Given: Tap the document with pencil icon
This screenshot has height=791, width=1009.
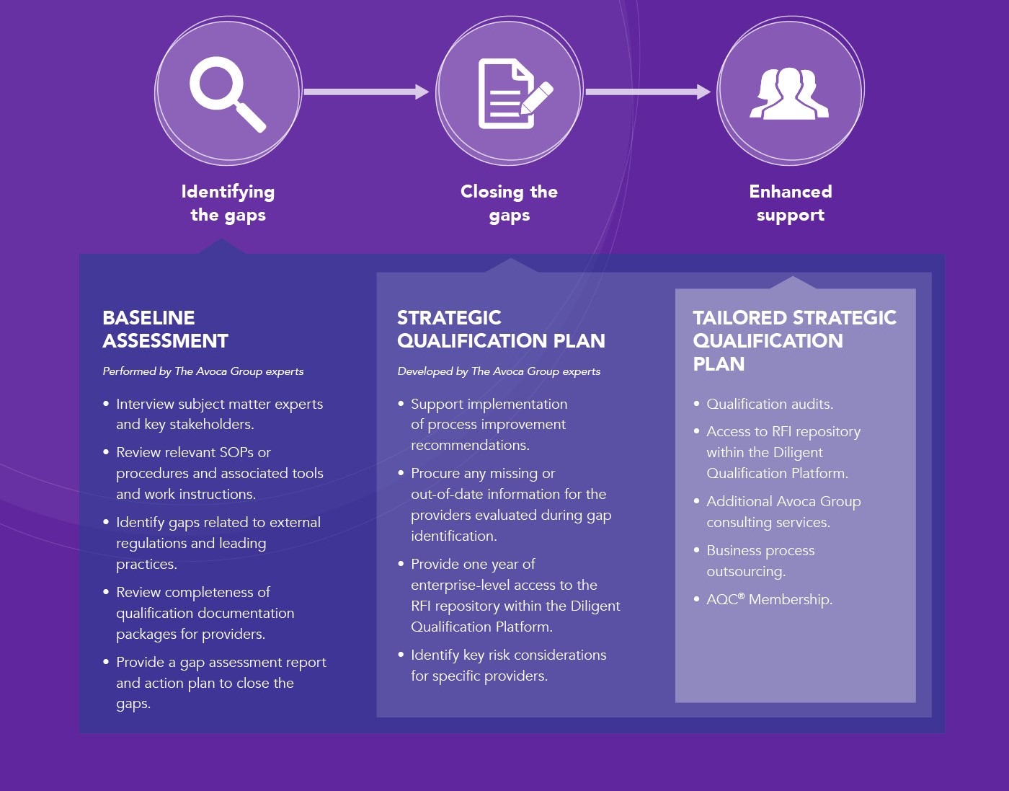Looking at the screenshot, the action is coord(515,93).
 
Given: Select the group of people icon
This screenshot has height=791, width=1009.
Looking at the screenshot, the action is coord(789,94).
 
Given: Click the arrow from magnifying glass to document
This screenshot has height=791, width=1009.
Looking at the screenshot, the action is coord(366,92).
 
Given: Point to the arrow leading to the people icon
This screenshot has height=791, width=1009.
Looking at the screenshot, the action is coord(648,92).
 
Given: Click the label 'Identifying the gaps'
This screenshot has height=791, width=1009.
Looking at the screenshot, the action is coord(228,203).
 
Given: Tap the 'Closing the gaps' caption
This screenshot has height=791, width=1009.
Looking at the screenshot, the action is coord(509,203).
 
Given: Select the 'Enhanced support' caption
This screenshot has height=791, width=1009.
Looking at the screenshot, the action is coord(791,203).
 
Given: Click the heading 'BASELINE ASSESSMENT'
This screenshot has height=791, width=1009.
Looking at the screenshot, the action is coord(165,330).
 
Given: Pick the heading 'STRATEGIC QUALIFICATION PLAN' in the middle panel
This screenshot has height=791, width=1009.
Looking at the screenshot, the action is coord(501,330).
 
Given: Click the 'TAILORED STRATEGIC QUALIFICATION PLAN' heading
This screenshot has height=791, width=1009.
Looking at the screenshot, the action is coord(794,340).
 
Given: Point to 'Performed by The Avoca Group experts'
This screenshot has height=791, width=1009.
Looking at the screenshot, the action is coord(203,371).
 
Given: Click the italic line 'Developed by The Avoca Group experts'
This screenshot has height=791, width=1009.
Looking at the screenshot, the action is coord(499,371).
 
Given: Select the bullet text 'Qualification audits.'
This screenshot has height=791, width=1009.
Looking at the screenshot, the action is coord(770,404).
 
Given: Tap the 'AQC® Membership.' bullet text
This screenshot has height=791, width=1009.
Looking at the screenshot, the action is coord(770,599).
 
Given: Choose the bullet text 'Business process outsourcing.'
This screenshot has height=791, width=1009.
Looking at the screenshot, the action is coord(760,560).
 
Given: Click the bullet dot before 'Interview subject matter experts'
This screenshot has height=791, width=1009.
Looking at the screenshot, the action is coord(106,404).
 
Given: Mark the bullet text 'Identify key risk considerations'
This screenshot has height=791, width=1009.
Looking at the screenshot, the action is coord(508,655).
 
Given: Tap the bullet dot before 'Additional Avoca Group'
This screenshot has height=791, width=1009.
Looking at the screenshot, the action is coord(696,501).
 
